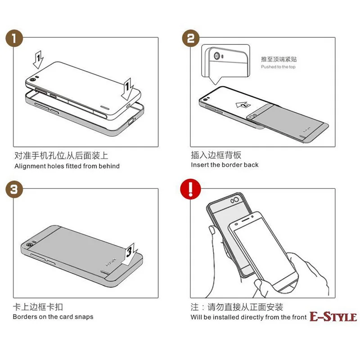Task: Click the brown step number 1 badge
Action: click(x=14, y=38)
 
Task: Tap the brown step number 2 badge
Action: click(x=191, y=38)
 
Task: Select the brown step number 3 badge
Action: click(x=14, y=189)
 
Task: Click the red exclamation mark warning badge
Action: click(x=190, y=189)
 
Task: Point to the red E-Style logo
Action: click(x=333, y=317)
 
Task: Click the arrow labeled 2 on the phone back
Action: click(x=243, y=105)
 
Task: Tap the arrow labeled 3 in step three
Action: click(x=129, y=254)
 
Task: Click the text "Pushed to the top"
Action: click(x=278, y=67)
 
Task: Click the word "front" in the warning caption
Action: click(x=299, y=317)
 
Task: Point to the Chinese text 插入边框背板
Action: click(x=216, y=155)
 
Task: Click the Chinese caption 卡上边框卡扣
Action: click(x=38, y=307)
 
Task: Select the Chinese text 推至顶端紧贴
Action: click(x=279, y=59)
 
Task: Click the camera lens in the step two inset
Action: click(x=217, y=56)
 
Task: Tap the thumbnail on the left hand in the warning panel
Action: click(x=212, y=230)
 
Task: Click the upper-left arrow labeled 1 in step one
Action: click(x=38, y=60)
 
